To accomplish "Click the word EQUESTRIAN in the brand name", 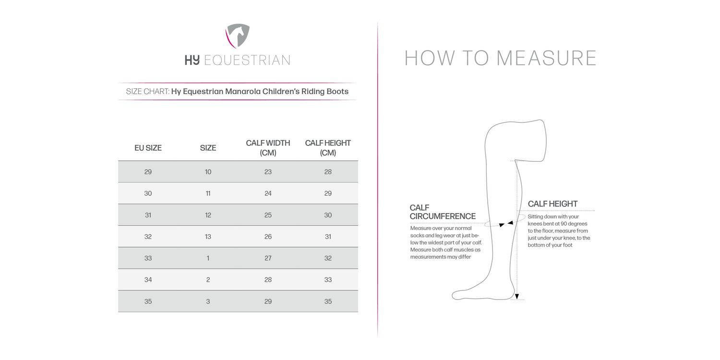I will click(247, 60).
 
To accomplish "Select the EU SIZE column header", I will click(148, 148).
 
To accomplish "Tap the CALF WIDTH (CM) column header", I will click(268, 148).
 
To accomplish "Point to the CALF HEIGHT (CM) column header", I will click(328, 148).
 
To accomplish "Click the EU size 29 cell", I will click(148, 172).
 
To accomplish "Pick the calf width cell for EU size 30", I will click(268, 193).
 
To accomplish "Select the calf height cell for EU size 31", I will click(328, 215).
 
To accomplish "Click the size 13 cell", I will click(208, 237).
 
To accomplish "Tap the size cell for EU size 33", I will click(208, 258).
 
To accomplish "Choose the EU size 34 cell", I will click(148, 280).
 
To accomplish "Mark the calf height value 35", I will click(328, 301).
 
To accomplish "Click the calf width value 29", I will click(268, 301).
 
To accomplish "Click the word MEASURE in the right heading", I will click(546, 58).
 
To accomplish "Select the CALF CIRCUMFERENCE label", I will click(442, 212).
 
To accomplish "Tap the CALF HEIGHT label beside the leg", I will click(552, 204).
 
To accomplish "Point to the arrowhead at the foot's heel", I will click(517, 297).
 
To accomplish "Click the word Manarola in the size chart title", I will click(243, 91).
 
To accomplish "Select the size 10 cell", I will click(208, 172).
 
